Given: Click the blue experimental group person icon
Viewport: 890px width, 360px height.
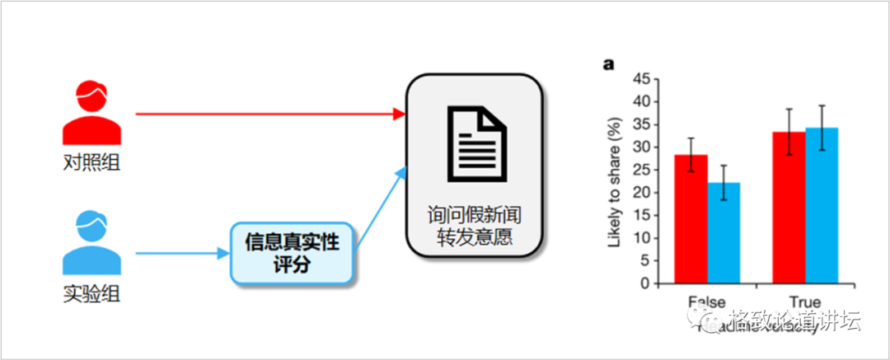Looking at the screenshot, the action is (x=91, y=243).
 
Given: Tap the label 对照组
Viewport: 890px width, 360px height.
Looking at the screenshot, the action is (x=91, y=162).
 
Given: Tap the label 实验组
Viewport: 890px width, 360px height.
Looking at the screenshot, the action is (x=91, y=292).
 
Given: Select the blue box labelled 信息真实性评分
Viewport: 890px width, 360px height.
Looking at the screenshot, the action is (x=293, y=254).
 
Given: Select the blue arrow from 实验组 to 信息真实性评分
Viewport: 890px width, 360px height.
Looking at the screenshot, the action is (x=181, y=254).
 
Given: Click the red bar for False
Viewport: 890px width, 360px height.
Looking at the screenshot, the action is (x=691, y=219).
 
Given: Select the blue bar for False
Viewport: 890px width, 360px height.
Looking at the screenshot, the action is (x=723, y=233).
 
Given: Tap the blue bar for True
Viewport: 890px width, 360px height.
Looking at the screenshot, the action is (x=821, y=205).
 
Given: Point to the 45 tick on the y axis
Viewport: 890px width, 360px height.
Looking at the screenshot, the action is (x=640, y=79).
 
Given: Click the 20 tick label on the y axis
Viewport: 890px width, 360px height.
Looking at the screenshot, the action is (x=640, y=193).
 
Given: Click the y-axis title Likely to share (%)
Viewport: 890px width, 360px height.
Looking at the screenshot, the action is (x=614, y=183).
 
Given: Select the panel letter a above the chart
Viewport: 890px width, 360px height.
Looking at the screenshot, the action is (x=610, y=63).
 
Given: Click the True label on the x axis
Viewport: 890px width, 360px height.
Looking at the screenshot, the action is (x=804, y=302).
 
